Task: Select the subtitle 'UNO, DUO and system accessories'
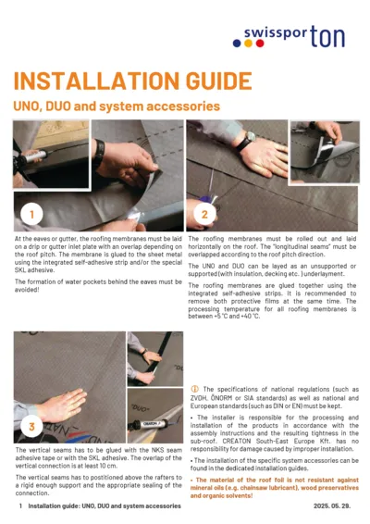[116, 106]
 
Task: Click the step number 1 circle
[33, 214]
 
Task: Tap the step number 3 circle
[33, 425]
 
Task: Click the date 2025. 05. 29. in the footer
[335, 507]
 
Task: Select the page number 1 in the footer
[19, 507]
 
